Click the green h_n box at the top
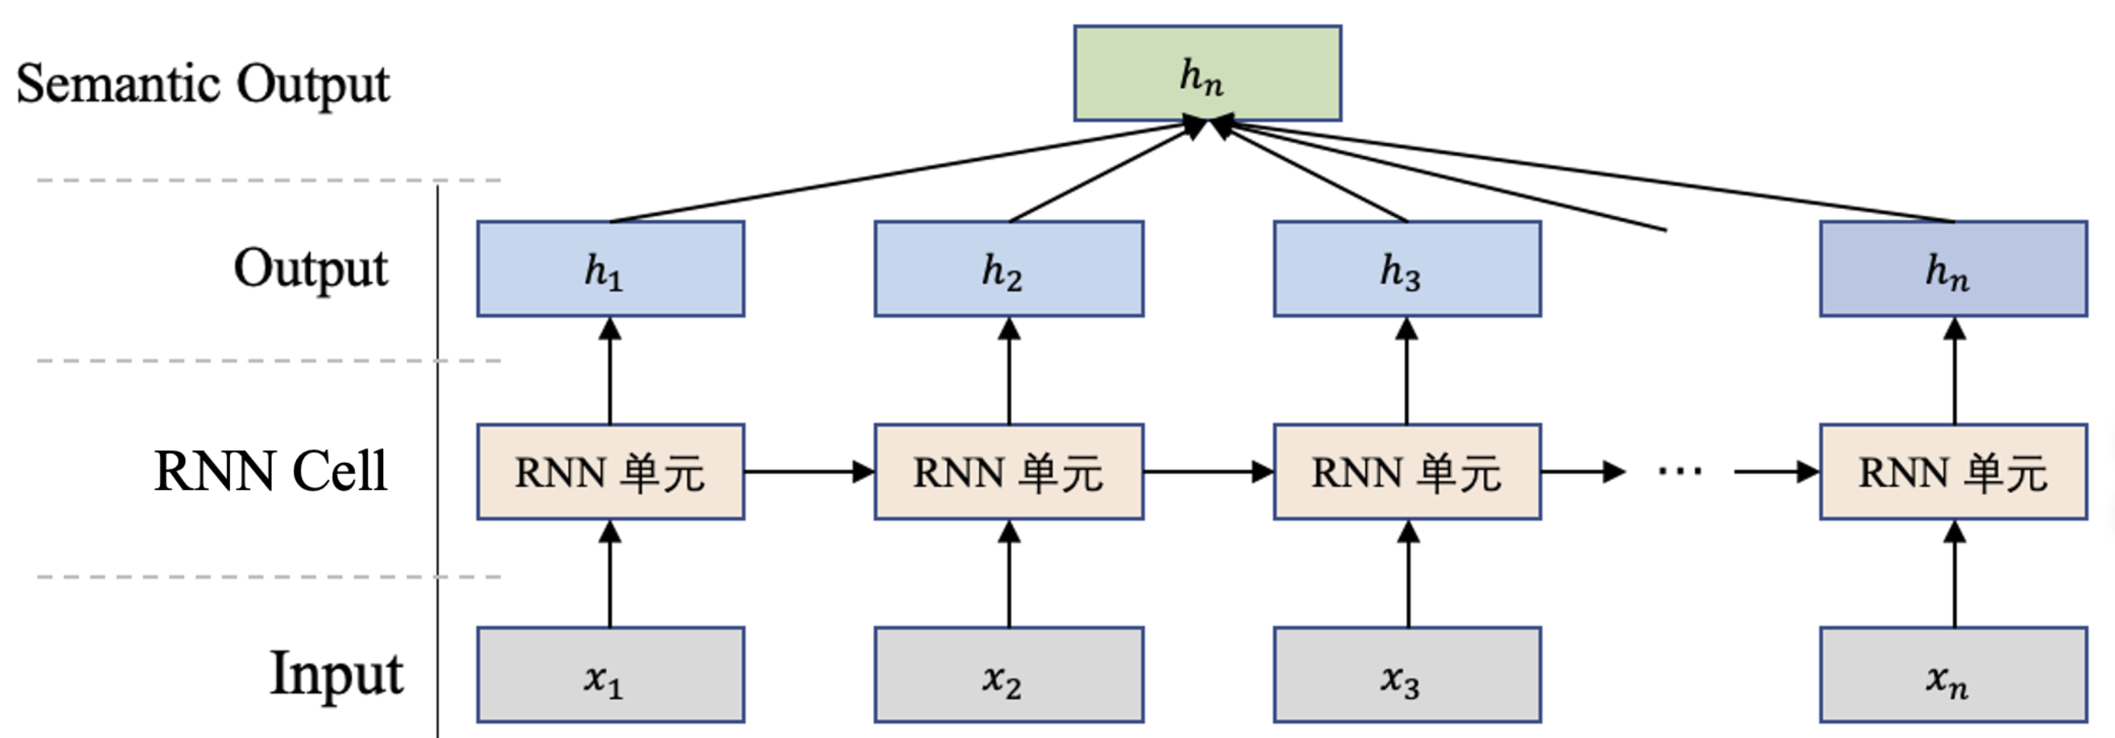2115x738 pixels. [x=1207, y=73]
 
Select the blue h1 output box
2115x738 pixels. [x=610, y=269]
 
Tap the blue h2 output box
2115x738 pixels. [x=1009, y=269]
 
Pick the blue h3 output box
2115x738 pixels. [x=1406, y=269]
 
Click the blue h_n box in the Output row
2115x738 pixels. [x=1953, y=269]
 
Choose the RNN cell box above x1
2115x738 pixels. [x=610, y=472]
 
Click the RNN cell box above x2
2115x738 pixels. [x=1009, y=472]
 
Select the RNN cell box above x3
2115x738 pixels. [x=1406, y=472]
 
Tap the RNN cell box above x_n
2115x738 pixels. [x=1953, y=472]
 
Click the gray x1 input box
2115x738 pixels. [x=610, y=675]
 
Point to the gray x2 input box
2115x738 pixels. [x=1009, y=675]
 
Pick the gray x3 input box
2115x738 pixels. [x=1406, y=675]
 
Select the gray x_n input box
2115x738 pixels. [x=1953, y=675]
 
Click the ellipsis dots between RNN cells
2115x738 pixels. [x=1679, y=472]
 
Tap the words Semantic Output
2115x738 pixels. [x=203, y=84]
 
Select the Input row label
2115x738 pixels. [x=336, y=674]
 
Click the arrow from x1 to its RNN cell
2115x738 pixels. [x=609, y=575]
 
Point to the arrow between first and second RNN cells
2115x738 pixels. [x=809, y=472]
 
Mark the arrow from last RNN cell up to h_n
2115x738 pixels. [x=1954, y=371]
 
